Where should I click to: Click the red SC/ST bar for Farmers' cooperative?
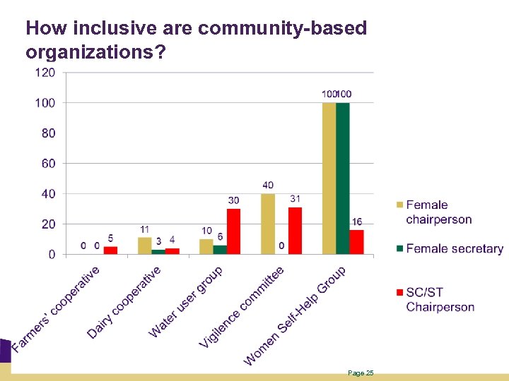coord(110,250)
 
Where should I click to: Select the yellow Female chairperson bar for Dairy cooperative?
coord(144,246)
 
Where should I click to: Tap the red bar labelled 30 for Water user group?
coord(233,231)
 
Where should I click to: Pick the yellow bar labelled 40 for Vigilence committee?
coord(268,224)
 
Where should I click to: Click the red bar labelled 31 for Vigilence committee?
coord(295,231)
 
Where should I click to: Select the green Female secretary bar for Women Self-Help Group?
coord(343,178)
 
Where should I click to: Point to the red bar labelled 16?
coord(356,241)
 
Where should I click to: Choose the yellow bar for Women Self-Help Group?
coord(329,178)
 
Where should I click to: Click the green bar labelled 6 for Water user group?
coord(220,249)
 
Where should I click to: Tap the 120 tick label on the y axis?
coord(45,73)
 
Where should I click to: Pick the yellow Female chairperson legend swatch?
coord(399,205)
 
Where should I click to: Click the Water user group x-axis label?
coord(186,302)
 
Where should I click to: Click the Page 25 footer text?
coord(361,373)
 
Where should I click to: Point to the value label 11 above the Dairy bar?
coord(144,230)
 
